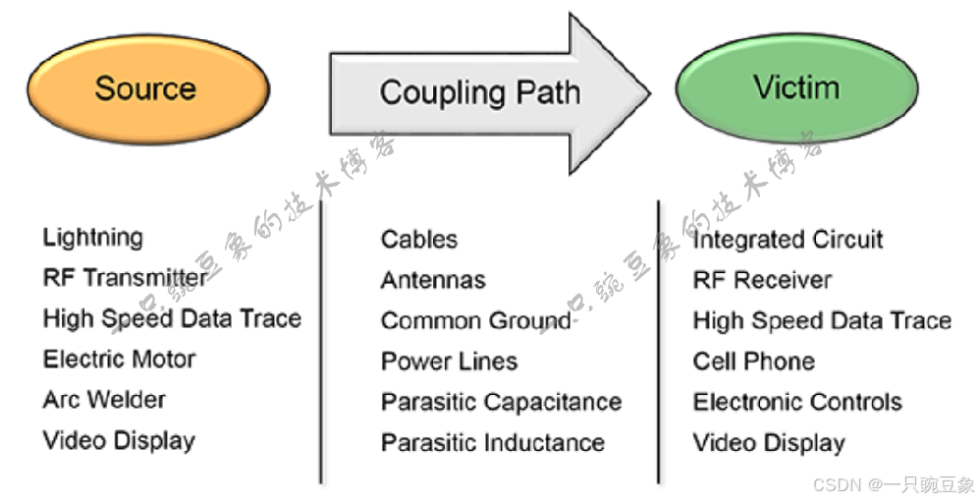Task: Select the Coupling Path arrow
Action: coord(481,93)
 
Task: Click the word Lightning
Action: coord(92,238)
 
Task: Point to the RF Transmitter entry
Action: coord(125,278)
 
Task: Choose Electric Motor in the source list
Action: coord(119,360)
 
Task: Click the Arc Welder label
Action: coord(104,400)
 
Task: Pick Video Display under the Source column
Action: coord(119,440)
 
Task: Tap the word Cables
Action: coord(419,239)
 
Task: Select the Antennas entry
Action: coord(433,280)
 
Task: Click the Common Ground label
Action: coord(475,321)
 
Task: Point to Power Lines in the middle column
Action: coord(449,362)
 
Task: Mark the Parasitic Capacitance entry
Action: coord(501,402)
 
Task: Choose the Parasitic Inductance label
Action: coord(493,443)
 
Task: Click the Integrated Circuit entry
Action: coord(788,240)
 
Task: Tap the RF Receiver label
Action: coord(762,280)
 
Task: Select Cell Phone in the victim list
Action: coord(753,362)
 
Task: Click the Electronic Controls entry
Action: coord(797,402)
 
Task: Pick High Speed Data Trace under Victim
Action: coord(822,321)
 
